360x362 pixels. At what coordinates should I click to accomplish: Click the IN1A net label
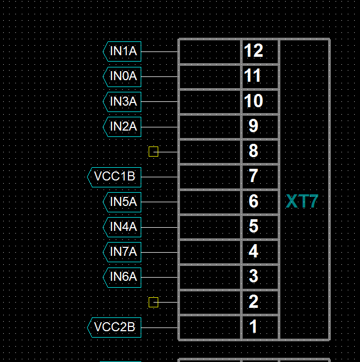pyautogui.click(x=123, y=51)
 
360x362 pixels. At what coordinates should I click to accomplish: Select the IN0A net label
pyautogui.click(x=123, y=76)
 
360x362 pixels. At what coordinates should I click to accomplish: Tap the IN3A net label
pyautogui.click(x=123, y=101)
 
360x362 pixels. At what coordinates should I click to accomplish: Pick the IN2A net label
pyautogui.click(x=123, y=126)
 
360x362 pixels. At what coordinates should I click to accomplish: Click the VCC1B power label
pyautogui.click(x=115, y=176)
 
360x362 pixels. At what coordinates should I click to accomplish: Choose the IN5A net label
pyautogui.click(x=123, y=202)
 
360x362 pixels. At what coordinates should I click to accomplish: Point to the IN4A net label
pyautogui.click(x=123, y=227)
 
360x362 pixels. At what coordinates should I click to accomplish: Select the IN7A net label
pyautogui.click(x=123, y=252)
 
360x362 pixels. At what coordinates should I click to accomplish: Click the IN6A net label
pyautogui.click(x=123, y=277)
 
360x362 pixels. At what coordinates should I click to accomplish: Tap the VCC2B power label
pyautogui.click(x=115, y=327)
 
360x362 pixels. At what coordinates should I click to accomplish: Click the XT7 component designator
pyautogui.click(x=302, y=202)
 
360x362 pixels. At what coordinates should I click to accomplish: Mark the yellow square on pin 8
pyautogui.click(x=153, y=152)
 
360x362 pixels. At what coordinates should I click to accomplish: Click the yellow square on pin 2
pyautogui.click(x=153, y=302)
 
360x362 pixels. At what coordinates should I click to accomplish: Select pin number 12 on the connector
pyautogui.click(x=254, y=51)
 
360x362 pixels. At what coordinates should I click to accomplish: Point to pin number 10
pyautogui.click(x=254, y=101)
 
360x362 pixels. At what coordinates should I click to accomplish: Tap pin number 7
pyautogui.click(x=253, y=176)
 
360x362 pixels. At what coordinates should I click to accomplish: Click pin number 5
pyautogui.click(x=253, y=227)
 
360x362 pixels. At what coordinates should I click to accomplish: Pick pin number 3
pyautogui.click(x=253, y=277)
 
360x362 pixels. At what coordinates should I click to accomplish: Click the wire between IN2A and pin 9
pyautogui.click(x=159, y=127)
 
